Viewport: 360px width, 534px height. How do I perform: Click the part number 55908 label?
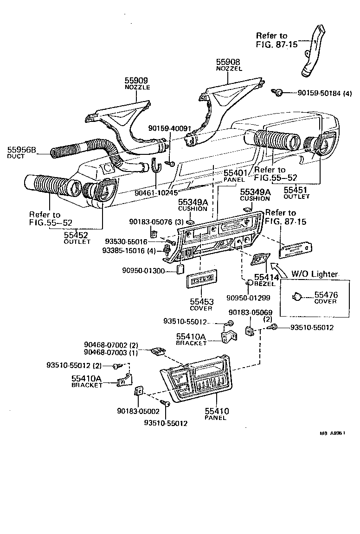pos(227,62)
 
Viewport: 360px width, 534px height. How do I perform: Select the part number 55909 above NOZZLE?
pos(135,81)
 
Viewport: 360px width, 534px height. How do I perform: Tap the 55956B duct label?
pos(21,150)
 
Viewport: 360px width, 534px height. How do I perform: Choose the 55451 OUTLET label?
pos(296,190)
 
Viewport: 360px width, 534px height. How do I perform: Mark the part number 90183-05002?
pos(138,411)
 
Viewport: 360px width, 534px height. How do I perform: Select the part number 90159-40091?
pos(169,128)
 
